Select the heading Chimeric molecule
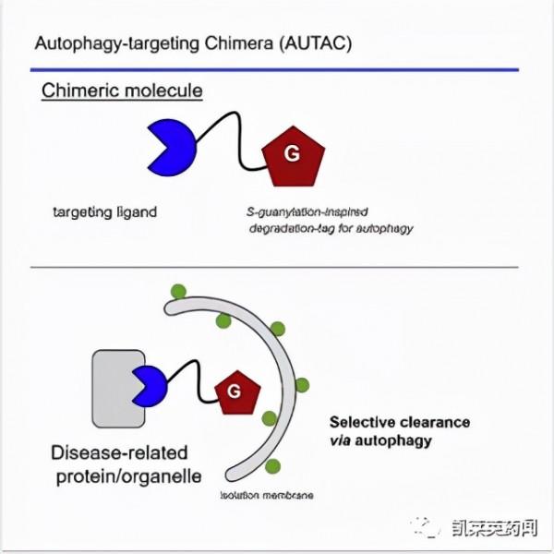pos(122,91)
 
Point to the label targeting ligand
pos(104,211)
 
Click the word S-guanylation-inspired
pos(304,211)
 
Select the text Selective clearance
pos(400,422)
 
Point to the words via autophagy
pos(380,440)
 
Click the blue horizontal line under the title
pos(277,68)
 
